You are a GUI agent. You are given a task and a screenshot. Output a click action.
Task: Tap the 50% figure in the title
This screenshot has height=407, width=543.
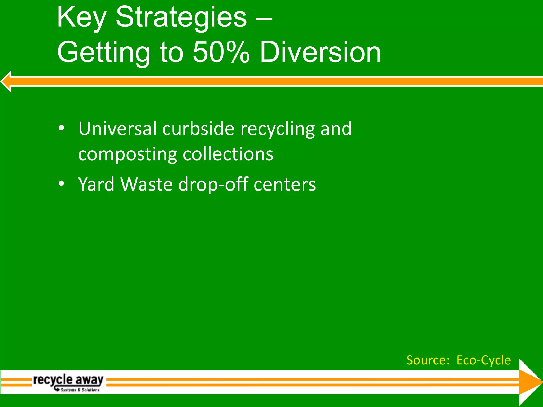[x=221, y=52]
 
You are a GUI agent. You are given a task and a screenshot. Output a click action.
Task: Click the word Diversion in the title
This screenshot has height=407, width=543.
[x=320, y=52]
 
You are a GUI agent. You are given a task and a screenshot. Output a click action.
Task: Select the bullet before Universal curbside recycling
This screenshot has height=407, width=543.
[x=61, y=128]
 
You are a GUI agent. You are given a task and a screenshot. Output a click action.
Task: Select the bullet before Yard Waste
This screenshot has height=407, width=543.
[x=61, y=184]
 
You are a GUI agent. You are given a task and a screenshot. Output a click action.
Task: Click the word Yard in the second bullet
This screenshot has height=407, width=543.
[x=96, y=184]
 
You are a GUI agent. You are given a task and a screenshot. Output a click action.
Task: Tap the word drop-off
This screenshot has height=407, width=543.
[x=213, y=185]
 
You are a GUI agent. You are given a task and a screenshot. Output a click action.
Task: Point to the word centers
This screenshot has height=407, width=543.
[x=284, y=185]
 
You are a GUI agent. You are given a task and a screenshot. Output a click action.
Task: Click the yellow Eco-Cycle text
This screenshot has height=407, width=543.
[x=484, y=360]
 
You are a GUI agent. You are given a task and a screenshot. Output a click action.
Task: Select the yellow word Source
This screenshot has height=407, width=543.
[x=428, y=360]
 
